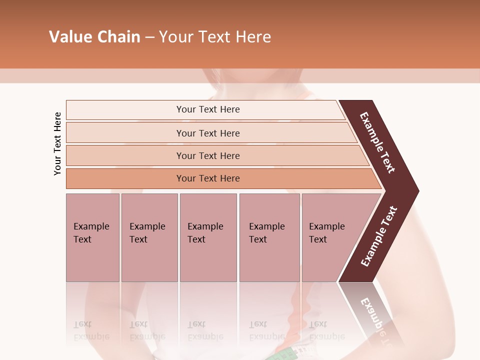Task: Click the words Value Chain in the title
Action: click(x=94, y=37)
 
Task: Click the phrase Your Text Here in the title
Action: click(x=215, y=37)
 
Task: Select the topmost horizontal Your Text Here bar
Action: click(x=208, y=109)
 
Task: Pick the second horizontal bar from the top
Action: click(x=208, y=133)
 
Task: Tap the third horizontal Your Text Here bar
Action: click(x=208, y=155)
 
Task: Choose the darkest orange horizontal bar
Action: click(x=208, y=178)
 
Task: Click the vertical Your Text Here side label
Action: click(x=57, y=143)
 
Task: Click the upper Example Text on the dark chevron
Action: click(x=377, y=142)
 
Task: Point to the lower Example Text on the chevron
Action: click(x=379, y=236)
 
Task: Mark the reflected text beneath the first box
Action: click(x=91, y=330)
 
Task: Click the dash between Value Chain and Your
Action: click(x=149, y=37)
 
